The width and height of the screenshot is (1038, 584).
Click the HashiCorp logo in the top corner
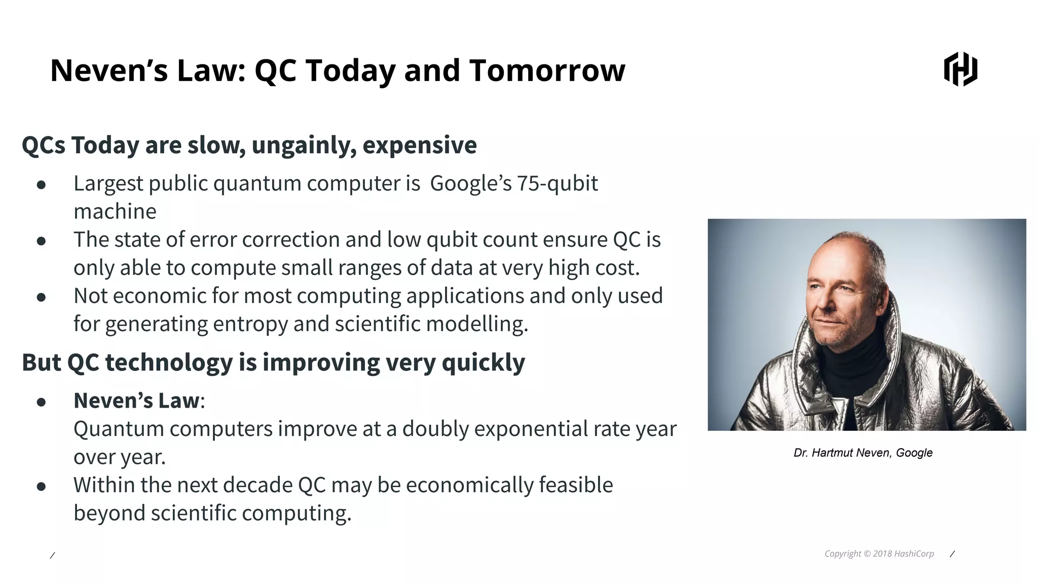pyautogui.click(x=960, y=69)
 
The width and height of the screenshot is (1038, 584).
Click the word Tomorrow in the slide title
pyautogui.click(x=547, y=70)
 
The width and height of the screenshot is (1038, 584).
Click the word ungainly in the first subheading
pyautogui.click(x=304, y=145)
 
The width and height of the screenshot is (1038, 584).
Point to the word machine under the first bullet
pyautogui.click(x=115, y=212)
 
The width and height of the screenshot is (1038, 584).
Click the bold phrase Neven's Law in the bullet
pyautogui.click(x=136, y=401)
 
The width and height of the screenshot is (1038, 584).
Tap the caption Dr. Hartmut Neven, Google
pyautogui.click(x=863, y=453)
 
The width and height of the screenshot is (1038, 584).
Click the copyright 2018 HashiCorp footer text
pyautogui.click(x=879, y=554)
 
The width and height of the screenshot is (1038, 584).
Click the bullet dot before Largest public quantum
pyautogui.click(x=42, y=185)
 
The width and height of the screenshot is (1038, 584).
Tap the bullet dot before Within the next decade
pyautogui.click(x=42, y=487)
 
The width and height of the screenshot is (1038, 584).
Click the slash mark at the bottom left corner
pyautogui.click(x=52, y=556)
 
